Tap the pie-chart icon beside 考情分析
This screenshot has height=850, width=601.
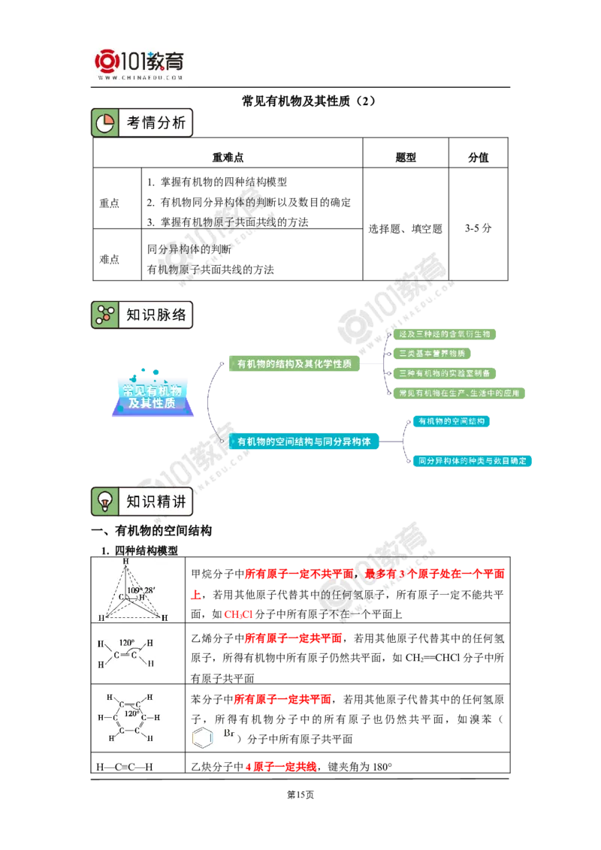104,123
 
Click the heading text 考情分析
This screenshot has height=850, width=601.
156,123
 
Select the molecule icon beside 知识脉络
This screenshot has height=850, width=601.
104,315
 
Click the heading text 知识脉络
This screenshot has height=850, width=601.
156,315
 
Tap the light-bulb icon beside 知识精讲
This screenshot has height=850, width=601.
104,501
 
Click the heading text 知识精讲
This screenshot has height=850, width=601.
156,501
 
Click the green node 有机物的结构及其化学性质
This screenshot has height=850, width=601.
294,364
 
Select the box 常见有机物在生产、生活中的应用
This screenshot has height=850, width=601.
458,393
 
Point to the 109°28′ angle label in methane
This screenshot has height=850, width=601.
141,590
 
